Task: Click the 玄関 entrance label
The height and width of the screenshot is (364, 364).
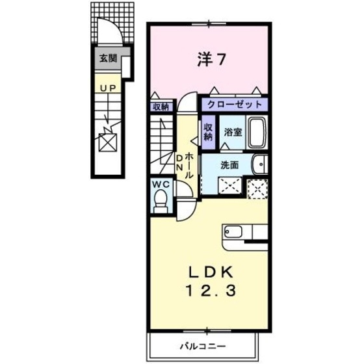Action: pyautogui.click(x=108, y=58)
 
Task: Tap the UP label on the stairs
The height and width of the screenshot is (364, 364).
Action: pyautogui.click(x=108, y=88)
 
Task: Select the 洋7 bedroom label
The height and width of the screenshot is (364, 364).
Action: pyautogui.click(x=211, y=59)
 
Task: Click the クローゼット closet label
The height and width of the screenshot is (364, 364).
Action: pyautogui.click(x=235, y=105)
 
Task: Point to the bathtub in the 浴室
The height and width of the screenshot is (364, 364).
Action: pyautogui.click(x=257, y=133)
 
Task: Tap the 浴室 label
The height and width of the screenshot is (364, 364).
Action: pyautogui.click(x=233, y=133)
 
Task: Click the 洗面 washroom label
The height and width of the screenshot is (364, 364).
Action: pyautogui.click(x=229, y=165)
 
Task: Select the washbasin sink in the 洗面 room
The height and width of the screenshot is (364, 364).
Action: pyautogui.click(x=260, y=164)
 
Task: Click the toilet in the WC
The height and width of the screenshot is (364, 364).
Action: pyautogui.click(x=161, y=201)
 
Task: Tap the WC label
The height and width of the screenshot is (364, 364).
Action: pyautogui.click(x=161, y=185)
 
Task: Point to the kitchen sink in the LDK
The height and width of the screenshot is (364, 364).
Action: pyautogui.click(x=233, y=231)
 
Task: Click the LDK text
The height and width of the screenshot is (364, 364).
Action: pyautogui.click(x=211, y=272)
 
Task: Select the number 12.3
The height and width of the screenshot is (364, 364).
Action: pyautogui.click(x=211, y=291)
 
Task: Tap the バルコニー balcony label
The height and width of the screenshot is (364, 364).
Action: pyautogui.click(x=203, y=347)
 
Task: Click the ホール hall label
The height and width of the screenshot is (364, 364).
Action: pyautogui.click(x=188, y=165)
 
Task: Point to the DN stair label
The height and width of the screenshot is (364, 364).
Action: pyautogui.click(x=179, y=162)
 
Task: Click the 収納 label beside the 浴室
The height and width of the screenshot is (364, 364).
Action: pyautogui.click(x=208, y=132)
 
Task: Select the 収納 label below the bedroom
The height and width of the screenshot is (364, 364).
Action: pyautogui.click(x=161, y=107)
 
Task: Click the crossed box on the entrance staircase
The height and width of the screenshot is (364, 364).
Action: pyautogui.click(x=107, y=142)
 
